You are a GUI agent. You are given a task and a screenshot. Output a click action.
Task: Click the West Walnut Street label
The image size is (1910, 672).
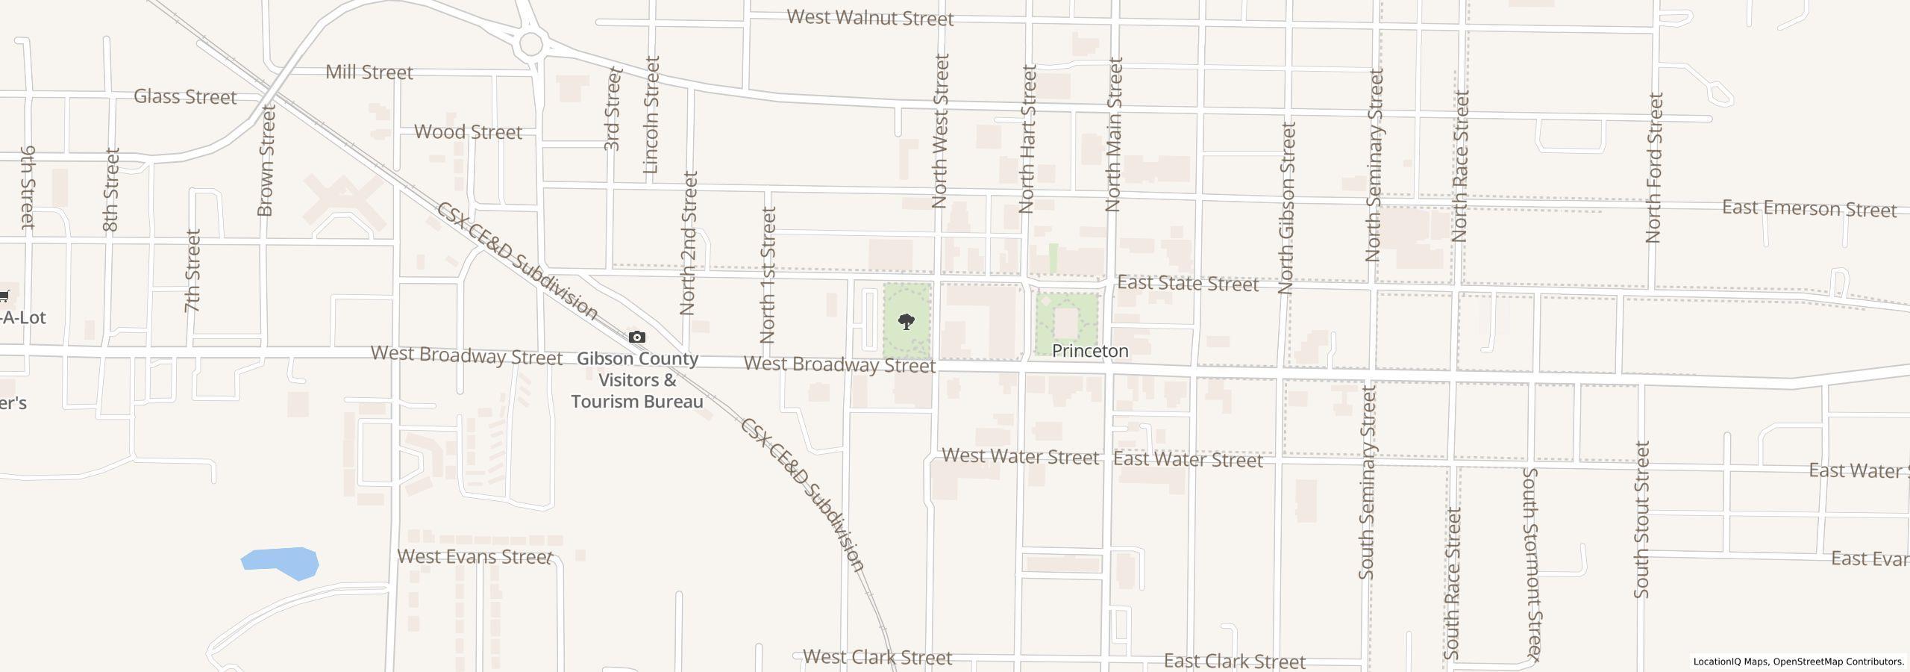[x=870, y=17]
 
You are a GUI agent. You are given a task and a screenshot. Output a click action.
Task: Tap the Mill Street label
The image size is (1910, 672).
[x=369, y=72]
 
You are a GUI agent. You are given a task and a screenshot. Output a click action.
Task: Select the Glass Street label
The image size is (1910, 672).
[x=185, y=96]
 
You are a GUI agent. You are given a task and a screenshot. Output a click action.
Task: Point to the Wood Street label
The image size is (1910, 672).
[x=468, y=132]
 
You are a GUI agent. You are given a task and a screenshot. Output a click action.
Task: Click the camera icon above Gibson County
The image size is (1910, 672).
[x=636, y=337]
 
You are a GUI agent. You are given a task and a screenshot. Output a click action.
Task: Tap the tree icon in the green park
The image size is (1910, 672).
[x=907, y=322]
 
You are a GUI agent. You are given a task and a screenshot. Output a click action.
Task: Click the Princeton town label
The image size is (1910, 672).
[x=1089, y=351]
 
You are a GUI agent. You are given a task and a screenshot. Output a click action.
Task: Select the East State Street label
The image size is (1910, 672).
[x=1187, y=284]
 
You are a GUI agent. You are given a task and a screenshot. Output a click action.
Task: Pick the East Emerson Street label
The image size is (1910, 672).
[x=1809, y=208]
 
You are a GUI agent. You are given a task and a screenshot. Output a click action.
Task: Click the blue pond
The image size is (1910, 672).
[x=282, y=562]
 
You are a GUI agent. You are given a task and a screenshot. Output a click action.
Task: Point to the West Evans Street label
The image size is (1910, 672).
[x=475, y=557]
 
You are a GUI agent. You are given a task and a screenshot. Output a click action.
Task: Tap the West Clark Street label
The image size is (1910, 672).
[x=877, y=658]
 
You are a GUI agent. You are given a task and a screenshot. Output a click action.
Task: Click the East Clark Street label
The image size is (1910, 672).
[x=1234, y=662]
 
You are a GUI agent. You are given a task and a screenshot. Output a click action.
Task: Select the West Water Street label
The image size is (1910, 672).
[x=1020, y=456]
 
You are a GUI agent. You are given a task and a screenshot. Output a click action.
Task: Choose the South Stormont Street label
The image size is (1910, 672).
[x=1531, y=564]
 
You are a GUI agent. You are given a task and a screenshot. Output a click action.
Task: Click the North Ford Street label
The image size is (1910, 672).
[x=1654, y=167]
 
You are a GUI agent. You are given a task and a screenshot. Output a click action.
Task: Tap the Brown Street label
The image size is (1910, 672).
[x=266, y=160]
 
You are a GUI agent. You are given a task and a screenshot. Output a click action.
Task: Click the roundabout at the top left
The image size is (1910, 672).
[x=531, y=43]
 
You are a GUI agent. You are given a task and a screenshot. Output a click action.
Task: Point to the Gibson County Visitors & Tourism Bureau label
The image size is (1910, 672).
[x=637, y=380]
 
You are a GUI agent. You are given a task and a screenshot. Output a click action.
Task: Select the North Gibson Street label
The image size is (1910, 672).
[x=1286, y=208]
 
